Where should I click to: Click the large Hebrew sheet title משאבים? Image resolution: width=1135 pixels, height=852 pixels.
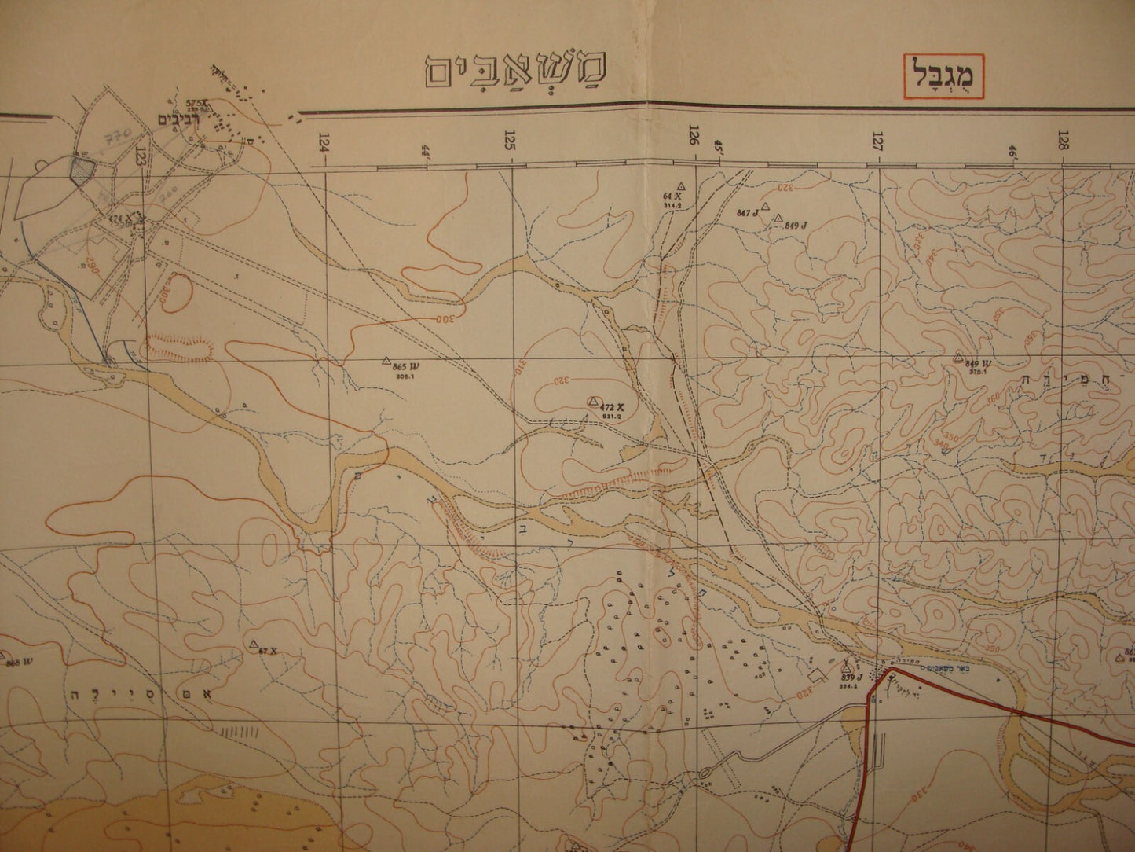tap(518, 73)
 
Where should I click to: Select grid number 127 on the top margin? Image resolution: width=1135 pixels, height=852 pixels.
tap(877, 141)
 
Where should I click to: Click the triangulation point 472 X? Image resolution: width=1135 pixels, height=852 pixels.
tap(593, 401)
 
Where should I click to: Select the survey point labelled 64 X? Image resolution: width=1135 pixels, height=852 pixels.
tap(682, 186)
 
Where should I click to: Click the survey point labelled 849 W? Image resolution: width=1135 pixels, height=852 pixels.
tap(958, 358)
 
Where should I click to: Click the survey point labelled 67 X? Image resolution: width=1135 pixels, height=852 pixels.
tap(254, 645)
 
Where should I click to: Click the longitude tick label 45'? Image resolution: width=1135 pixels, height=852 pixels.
tap(717, 146)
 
